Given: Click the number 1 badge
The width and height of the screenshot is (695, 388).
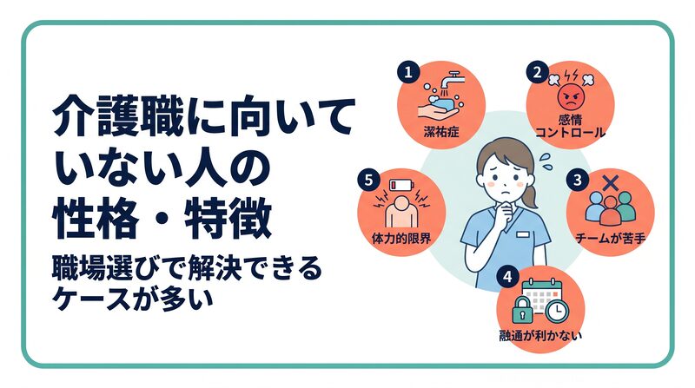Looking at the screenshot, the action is pos(408,72).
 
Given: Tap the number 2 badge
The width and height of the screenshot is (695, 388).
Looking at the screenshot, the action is pos(537,72).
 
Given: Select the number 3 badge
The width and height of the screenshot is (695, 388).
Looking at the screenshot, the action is pos(577,181).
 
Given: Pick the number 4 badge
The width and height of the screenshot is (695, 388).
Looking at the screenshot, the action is pos(507,277).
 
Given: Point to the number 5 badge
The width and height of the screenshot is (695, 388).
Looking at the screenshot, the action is pos(368,181).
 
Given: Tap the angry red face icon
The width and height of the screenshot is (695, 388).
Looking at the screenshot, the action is pos(571,97).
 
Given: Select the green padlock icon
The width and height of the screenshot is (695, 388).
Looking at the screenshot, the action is pos(523,310).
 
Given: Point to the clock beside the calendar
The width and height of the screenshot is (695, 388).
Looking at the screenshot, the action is pos(557,311).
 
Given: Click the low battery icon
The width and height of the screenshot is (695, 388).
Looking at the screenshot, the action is pos(400,185).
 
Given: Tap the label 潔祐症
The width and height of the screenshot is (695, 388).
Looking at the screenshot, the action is pos(441,132).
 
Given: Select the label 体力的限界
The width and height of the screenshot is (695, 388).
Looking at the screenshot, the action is pos(400,239).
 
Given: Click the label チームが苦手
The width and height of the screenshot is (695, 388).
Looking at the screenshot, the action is pos(611,239).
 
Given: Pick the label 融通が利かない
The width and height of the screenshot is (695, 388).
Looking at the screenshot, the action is pos(540,335).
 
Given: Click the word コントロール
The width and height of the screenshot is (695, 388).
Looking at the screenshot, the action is pos(570,132).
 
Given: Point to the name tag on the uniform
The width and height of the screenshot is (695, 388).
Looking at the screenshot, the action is pos(523,233).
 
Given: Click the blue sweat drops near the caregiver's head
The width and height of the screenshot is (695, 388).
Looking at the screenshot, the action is pos(546,161).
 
